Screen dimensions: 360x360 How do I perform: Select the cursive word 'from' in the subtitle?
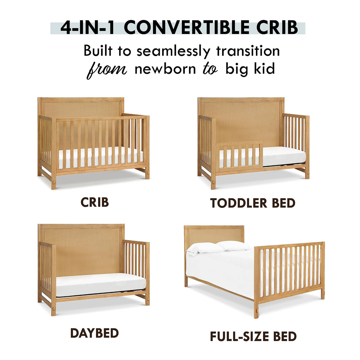click(106, 69)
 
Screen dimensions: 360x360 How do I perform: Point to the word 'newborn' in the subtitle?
click(165, 69)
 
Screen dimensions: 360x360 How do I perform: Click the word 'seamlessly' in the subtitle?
click(173, 51)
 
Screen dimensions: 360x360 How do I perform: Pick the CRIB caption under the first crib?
click(95, 203)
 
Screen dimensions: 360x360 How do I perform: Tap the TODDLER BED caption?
click(253, 203)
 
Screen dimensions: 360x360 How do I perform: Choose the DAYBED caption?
click(95, 333)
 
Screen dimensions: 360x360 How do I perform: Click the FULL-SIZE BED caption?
click(253, 337)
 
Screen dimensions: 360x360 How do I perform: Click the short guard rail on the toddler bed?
click(239, 157)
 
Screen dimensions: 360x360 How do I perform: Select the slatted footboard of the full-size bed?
click(289, 271)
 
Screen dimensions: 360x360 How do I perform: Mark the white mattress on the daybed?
click(101, 284)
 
